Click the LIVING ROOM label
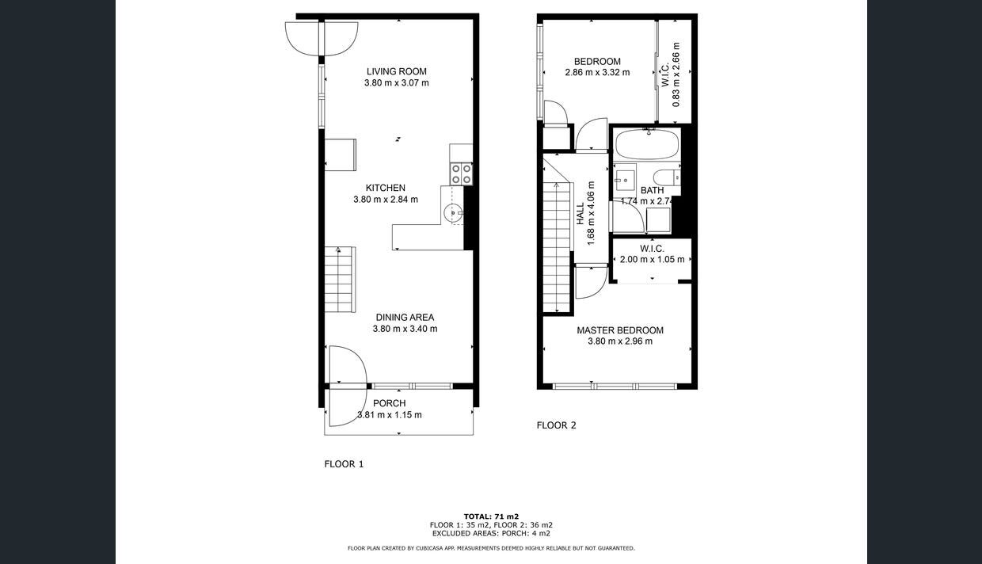point(396,71)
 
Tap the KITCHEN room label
point(386,188)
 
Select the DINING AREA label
point(405,318)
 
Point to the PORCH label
point(389,403)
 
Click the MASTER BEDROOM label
point(619,330)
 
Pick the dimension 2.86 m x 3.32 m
point(597,72)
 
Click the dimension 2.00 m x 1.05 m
point(652,259)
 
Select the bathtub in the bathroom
point(647,145)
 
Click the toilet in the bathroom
point(665,177)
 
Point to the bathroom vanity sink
point(625,179)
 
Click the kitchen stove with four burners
point(461,173)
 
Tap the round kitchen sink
point(453,211)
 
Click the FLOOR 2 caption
point(556,425)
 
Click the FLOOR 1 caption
point(344,464)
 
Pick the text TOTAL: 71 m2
point(491,516)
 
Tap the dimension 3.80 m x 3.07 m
point(396,82)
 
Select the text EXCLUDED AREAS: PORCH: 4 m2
point(491,533)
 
